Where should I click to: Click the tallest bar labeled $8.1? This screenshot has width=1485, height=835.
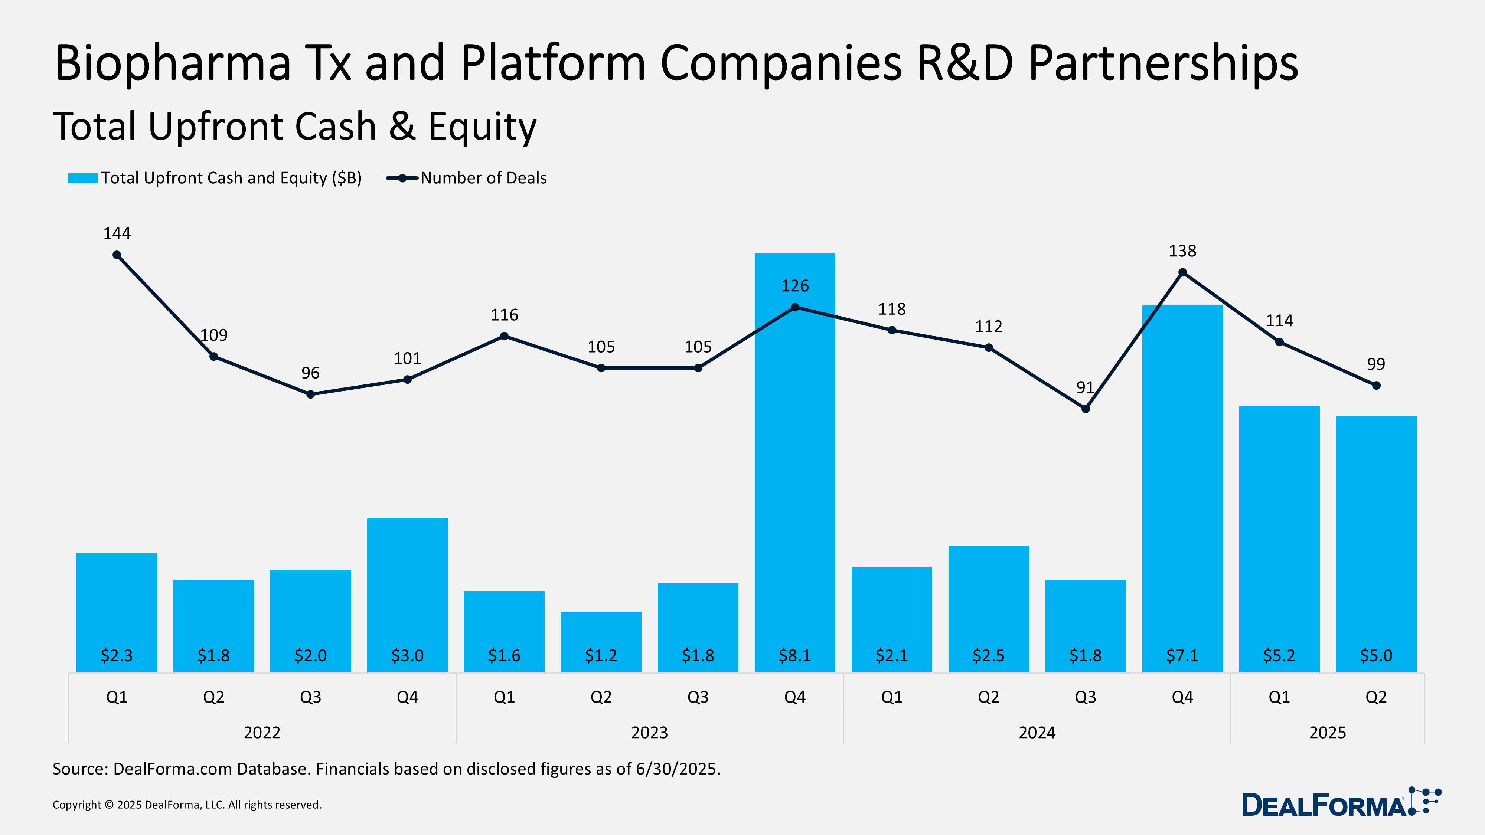[x=794, y=461]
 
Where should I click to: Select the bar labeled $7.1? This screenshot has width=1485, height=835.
[x=1182, y=490]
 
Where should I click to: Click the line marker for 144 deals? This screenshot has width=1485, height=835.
[x=117, y=255]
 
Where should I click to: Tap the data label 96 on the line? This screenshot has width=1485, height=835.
[x=310, y=373]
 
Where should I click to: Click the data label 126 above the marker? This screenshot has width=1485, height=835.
[x=794, y=286]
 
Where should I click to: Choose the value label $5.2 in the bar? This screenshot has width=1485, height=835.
[x=1279, y=655]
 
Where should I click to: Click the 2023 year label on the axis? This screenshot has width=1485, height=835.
[x=649, y=733]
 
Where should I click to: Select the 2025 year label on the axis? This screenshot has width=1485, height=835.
[x=1327, y=733]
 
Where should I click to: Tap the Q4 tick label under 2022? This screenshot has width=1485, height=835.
[x=407, y=697]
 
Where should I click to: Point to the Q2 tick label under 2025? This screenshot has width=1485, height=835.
[x=1375, y=697]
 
